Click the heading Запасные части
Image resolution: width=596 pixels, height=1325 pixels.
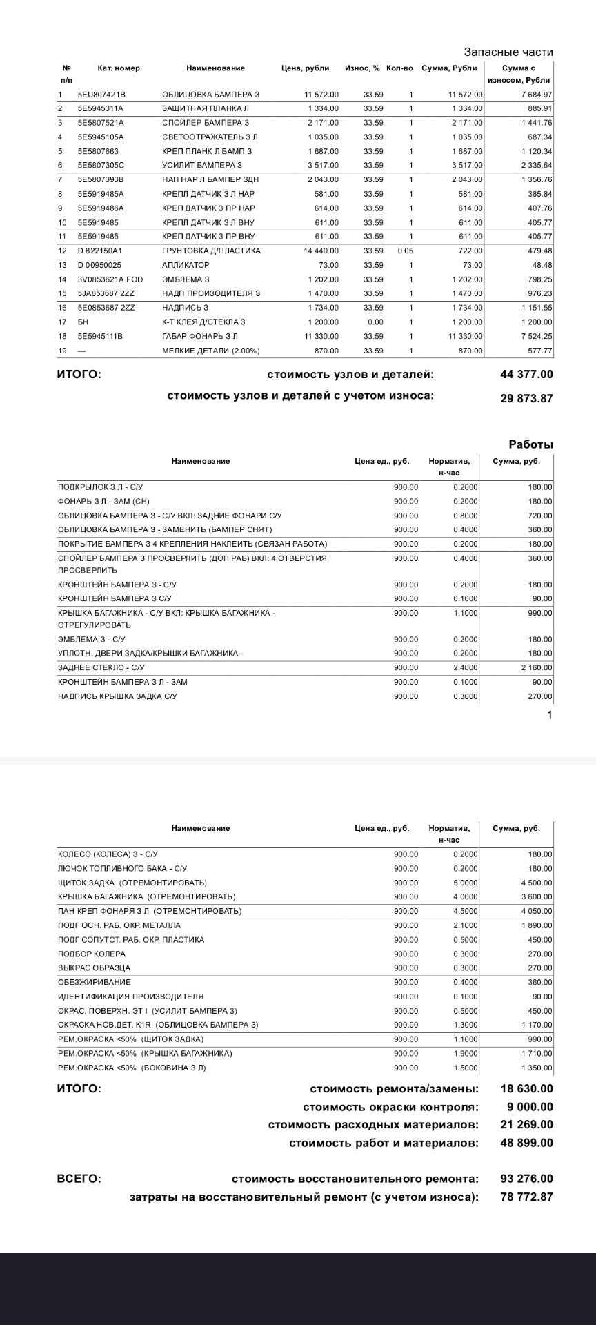point(508,52)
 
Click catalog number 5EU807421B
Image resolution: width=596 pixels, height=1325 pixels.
point(101,95)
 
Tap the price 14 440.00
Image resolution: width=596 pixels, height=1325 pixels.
point(321,251)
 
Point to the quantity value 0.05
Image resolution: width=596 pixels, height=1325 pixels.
point(405,251)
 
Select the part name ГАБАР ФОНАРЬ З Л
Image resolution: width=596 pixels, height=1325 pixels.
point(200,337)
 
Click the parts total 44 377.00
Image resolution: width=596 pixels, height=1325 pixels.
point(526,375)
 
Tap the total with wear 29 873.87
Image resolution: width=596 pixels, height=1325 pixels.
point(526,399)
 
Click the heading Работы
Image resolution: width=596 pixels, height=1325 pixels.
point(530,445)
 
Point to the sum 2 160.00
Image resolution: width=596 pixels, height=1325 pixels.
point(536,668)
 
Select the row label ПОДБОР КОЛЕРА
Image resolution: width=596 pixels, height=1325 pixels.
point(92,954)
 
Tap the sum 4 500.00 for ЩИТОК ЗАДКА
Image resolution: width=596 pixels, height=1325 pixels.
point(536,883)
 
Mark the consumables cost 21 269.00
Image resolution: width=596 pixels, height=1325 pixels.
point(526,1125)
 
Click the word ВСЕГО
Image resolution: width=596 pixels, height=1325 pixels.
point(79,1179)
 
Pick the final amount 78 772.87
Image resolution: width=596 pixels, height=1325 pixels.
point(526,1197)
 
